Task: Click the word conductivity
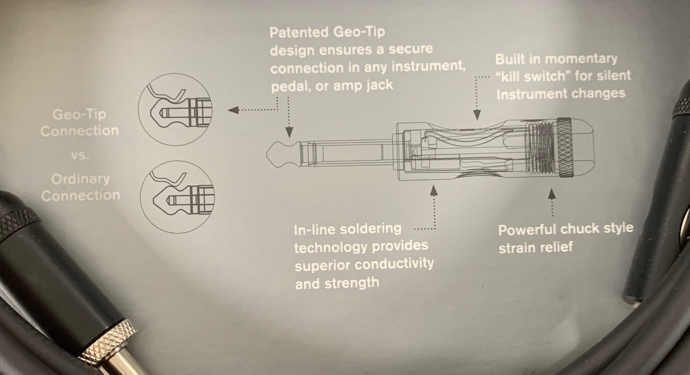pos(397,264)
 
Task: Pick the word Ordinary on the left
pos(80,179)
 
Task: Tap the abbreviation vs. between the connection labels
pos(80,155)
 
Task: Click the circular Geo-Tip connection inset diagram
pos(175,109)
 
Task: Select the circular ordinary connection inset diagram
pos(177,197)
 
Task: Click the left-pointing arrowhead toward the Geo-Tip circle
pos(233,110)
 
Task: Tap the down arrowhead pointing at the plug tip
pos(289,132)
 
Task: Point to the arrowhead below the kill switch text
pos(477,115)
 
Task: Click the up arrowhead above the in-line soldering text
pos(434,191)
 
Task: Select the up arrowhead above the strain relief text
pos(552,194)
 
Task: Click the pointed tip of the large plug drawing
pos(267,154)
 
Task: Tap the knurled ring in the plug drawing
pos(564,148)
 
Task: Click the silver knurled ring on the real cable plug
pos(108,342)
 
